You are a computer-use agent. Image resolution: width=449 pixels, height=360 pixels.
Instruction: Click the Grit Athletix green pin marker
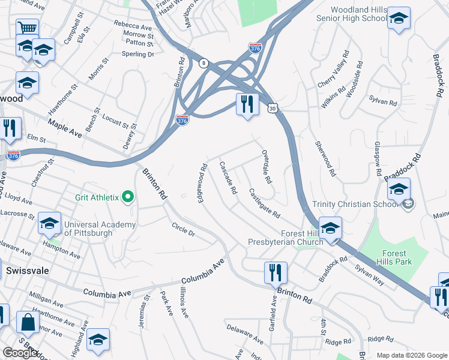128,197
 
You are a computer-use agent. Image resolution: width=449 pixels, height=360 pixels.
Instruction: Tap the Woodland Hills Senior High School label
359,14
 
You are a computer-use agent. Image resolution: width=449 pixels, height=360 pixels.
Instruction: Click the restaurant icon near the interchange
247,104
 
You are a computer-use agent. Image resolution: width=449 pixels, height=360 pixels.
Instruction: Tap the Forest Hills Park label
394,257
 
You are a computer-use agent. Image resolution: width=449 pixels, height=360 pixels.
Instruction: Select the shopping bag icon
28,322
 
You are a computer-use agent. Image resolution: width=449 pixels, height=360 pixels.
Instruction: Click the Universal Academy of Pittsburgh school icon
49,224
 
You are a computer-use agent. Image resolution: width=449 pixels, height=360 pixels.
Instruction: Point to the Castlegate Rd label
264,203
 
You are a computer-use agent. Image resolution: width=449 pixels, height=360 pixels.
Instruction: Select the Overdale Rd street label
267,167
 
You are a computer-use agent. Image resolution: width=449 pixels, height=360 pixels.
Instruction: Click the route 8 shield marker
204,62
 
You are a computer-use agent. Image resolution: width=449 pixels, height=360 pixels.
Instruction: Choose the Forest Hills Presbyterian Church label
286,238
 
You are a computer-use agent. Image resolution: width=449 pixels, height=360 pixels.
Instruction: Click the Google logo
20,353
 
